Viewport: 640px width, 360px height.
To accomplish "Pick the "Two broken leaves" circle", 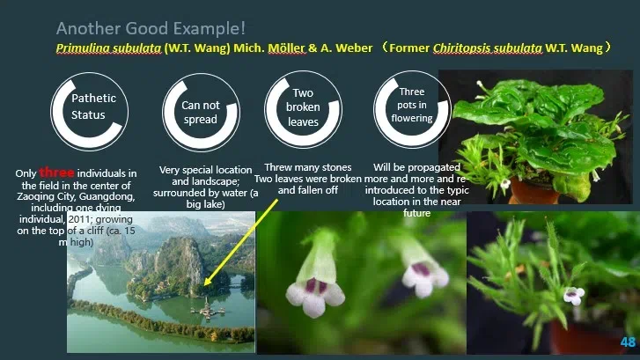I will [x=302, y=107].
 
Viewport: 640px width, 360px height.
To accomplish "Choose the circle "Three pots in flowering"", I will [x=411, y=105].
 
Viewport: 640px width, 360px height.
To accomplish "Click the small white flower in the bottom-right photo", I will [x=576, y=295].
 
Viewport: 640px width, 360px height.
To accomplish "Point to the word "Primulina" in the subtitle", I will [x=80, y=48].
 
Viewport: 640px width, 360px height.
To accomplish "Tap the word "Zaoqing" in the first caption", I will [x=50, y=195].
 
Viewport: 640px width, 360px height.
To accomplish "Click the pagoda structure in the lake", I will [x=204, y=306].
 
